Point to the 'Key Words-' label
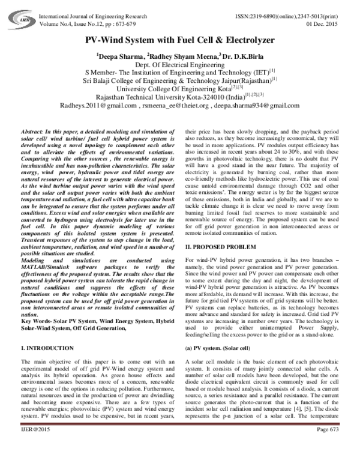pos(37,321)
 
